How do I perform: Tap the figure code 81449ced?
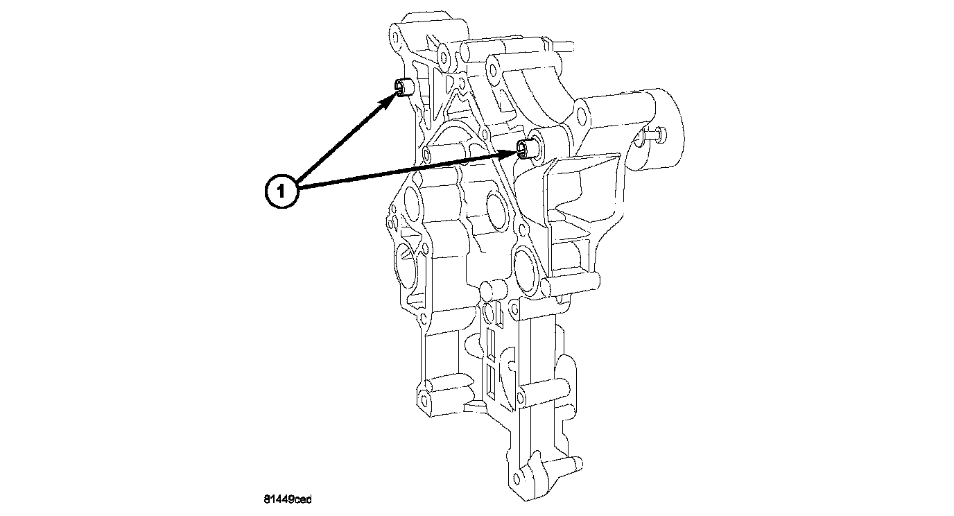pos(287,499)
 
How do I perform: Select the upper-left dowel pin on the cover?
pos(404,87)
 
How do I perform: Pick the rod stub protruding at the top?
pos(565,46)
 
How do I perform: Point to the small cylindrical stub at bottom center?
pos(492,289)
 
